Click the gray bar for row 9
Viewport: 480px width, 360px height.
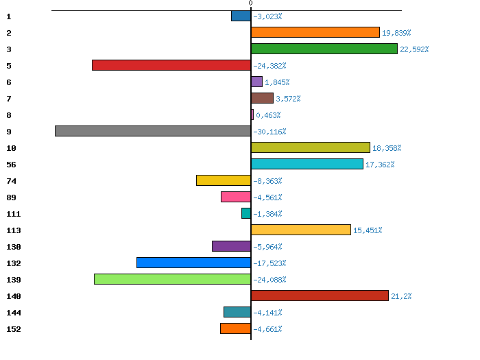coord(153,131)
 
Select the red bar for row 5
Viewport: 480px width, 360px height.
coord(171,65)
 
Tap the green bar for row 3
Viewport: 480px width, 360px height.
coord(324,49)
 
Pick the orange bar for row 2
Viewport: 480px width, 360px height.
coord(315,32)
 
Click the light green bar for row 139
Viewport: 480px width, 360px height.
coord(172,279)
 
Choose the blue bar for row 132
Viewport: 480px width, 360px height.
coord(193,263)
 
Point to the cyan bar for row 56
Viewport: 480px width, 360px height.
coord(307,164)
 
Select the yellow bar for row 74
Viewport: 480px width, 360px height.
coord(224,180)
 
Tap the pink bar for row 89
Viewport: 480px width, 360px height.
coord(236,197)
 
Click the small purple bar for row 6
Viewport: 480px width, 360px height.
coord(256,82)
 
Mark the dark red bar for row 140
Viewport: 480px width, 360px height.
coord(320,296)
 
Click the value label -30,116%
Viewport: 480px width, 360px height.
coord(269,132)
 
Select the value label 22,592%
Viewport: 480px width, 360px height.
coord(414,49)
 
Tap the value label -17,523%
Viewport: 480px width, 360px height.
coord(269,263)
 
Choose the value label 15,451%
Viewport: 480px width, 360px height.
coord(368,230)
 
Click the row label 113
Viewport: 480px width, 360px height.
coord(14,230)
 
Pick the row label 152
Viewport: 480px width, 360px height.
coord(14,329)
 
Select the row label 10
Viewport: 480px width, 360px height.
coord(11,148)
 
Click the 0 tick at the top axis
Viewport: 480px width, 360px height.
coord(251,3)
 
